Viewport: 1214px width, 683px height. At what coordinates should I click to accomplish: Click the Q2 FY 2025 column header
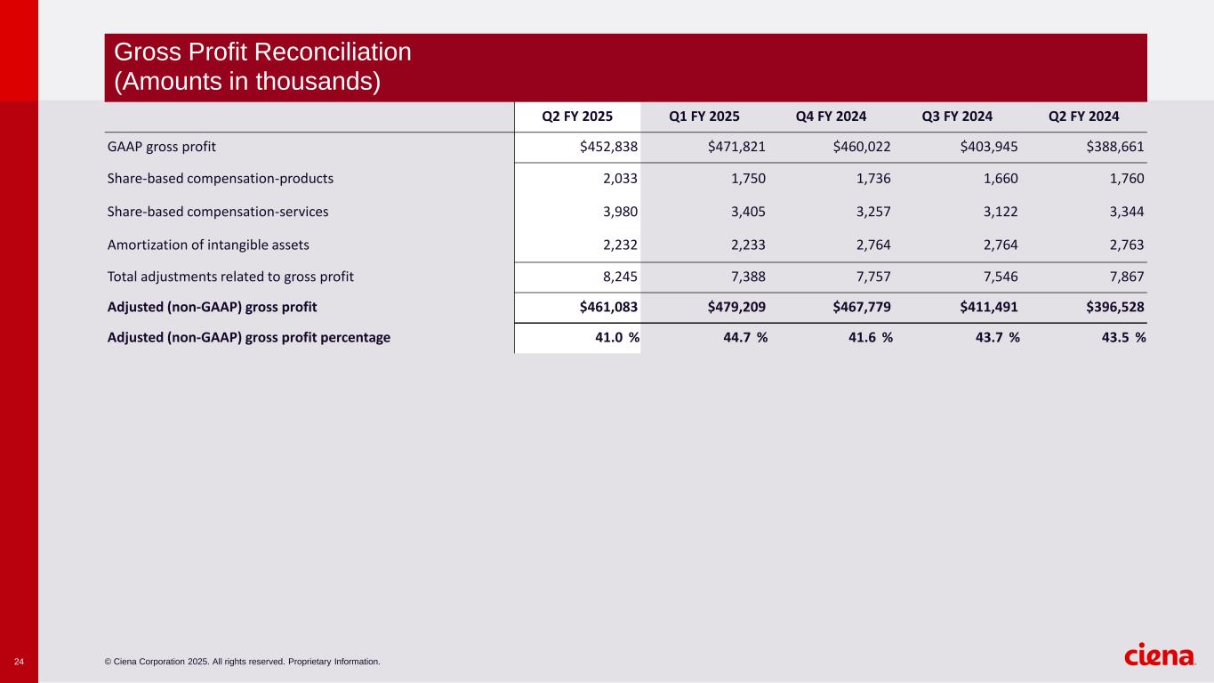click(577, 117)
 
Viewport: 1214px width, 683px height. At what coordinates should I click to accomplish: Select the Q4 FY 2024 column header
click(832, 117)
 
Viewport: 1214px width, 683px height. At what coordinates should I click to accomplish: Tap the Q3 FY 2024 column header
click(958, 117)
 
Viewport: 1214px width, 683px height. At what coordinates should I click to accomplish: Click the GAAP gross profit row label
click(161, 147)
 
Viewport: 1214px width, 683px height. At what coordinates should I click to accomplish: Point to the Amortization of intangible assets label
click(208, 245)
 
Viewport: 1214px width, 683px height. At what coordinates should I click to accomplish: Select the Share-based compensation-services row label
click(217, 212)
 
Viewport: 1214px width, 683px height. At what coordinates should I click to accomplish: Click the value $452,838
click(608, 147)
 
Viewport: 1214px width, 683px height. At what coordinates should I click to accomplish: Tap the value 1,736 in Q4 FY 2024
click(873, 179)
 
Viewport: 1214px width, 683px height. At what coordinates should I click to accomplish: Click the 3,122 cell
click(1001, 212)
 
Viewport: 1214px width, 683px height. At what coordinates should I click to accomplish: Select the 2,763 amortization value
click(1127, 245)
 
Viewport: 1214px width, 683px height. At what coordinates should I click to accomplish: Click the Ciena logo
click(1160, 655)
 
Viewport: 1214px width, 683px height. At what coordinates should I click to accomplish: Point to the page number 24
click(19, 662)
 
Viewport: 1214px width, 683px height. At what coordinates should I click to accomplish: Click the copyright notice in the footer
click(242, 662)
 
